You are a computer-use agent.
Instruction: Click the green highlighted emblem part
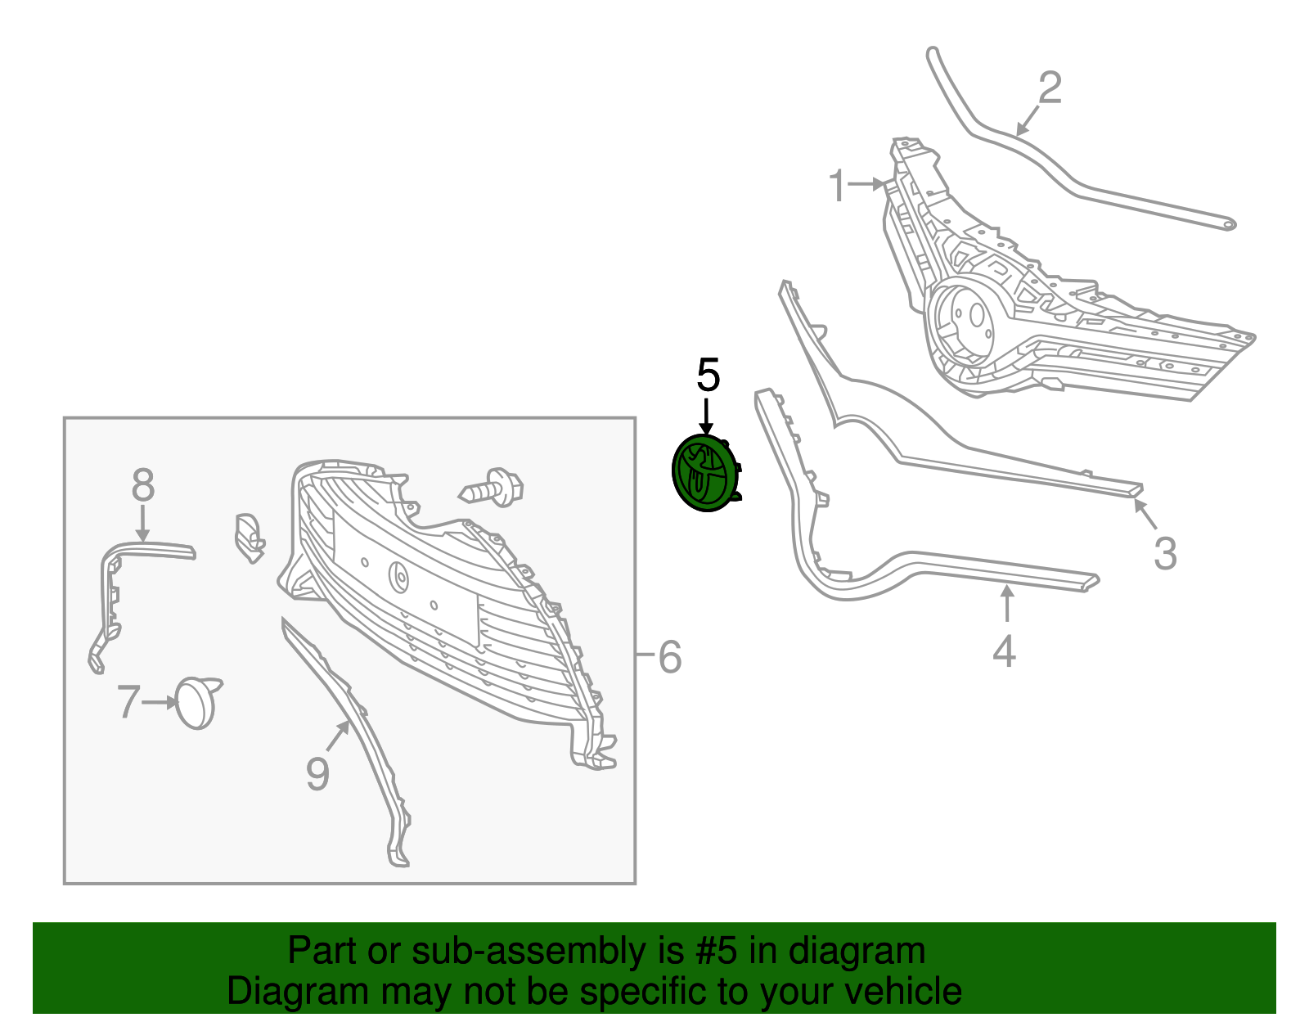tap(706, 473)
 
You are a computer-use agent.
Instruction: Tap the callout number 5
tap(708, 375)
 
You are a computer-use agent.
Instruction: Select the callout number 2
tap(1050, 88)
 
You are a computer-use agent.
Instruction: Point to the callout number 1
tap(838, 186)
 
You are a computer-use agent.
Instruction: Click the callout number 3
tap(1165, 553)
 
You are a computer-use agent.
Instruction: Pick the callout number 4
tap(1004, 651)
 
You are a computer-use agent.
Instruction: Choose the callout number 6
tap(670, 656)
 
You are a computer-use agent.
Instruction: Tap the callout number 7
tap(128, 701)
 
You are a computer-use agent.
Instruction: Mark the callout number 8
tap(143, 484)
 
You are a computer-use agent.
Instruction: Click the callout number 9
tap(317, 773)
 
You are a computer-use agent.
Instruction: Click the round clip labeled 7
tap(198, 703)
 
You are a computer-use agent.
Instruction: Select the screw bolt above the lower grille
tap(490, 488)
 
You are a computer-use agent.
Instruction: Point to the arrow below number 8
tap(143, 523)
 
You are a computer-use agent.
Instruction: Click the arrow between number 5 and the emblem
tap(706, 416)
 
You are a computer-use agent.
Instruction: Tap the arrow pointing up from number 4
tap(1006, 603)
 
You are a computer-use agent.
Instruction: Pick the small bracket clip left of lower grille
tap(250, 538)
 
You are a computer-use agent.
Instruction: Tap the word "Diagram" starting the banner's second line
tap(298, 992)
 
